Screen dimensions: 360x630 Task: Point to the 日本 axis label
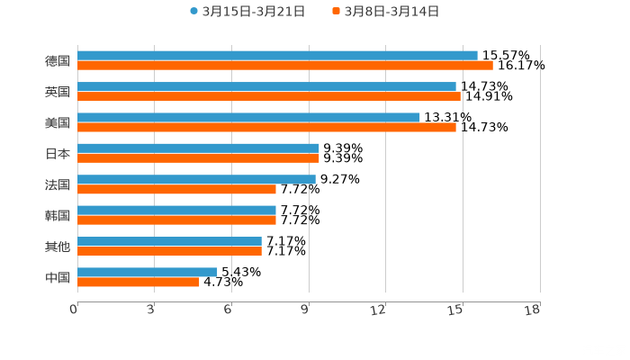tap(58, 153)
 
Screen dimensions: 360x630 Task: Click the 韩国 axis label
tap(58, 215)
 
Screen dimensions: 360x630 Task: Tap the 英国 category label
tap(58, 92)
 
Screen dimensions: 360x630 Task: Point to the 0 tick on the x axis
tap(74, 310)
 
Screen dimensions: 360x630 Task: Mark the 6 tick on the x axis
tap(228, 310)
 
